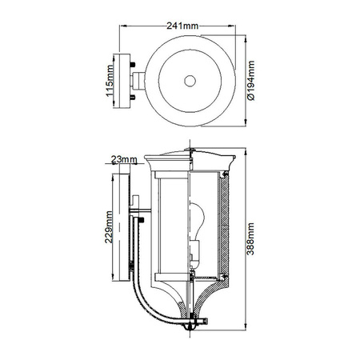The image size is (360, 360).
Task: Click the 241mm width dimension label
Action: click(x=182, y=26)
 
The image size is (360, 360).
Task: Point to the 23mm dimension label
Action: click(x=122, y=159)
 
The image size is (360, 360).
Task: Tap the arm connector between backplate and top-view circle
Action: click(x=140, y=80)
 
